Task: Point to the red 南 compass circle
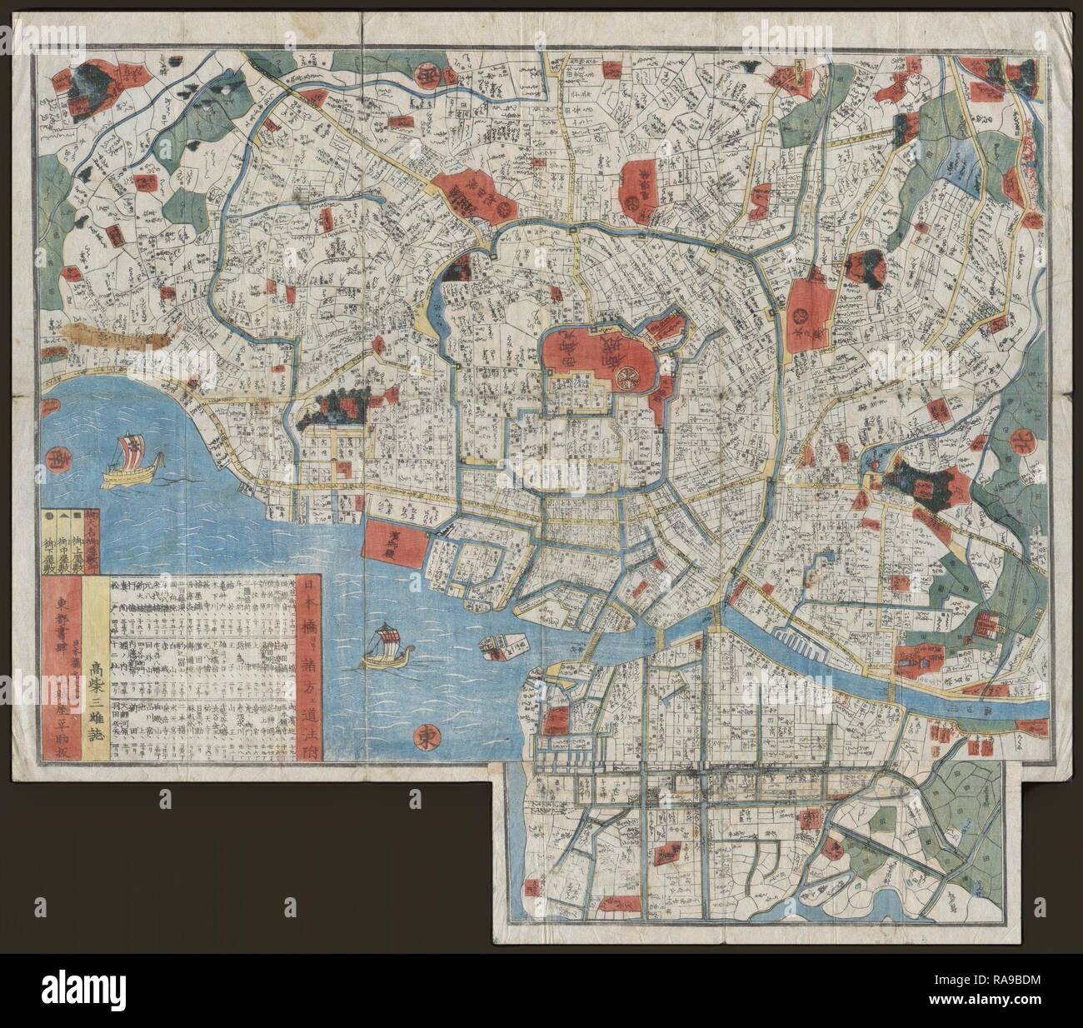click(x=59, y=457)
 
